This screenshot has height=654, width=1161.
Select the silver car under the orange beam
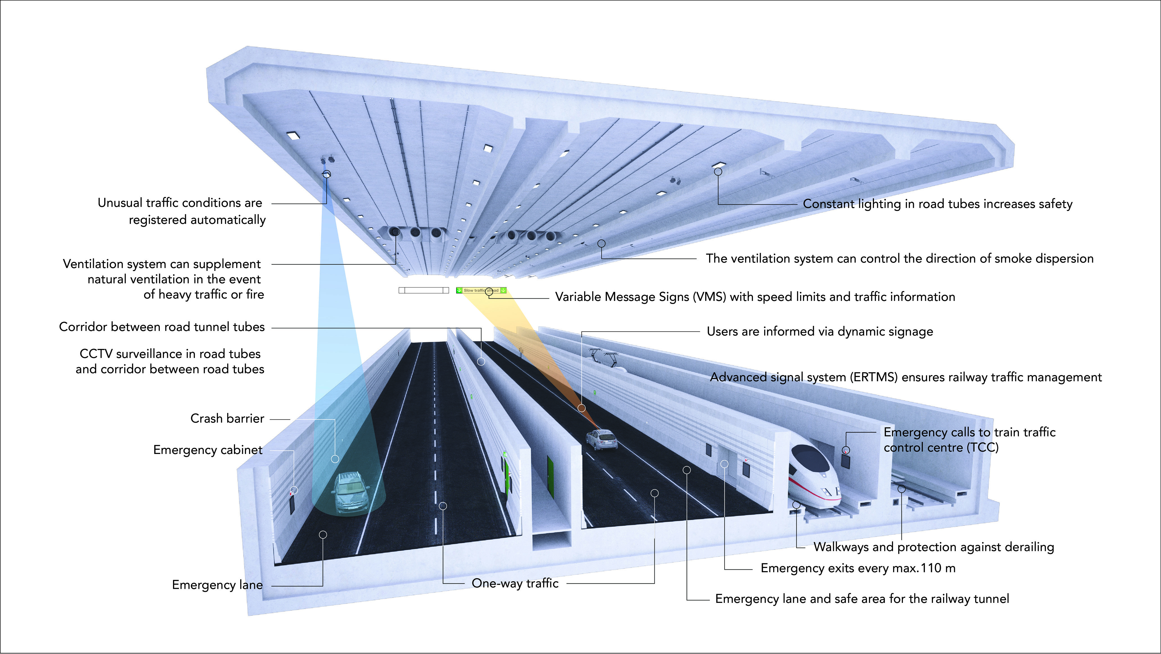coord(601,439)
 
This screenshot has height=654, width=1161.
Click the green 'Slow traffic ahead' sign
coord(481,290)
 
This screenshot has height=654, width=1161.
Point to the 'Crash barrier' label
coord(227,419)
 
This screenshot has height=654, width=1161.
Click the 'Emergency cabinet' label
coord(208,450)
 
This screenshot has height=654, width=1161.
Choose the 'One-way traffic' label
coord(515,583)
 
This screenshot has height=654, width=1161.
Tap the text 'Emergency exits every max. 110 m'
coord(858,568)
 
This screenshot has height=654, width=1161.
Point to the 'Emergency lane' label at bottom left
coord(217,585)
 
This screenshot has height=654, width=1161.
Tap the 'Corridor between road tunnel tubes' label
coord(162,327)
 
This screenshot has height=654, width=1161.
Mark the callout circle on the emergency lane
coord(323,535)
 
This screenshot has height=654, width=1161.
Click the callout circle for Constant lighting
coord(718,172)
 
